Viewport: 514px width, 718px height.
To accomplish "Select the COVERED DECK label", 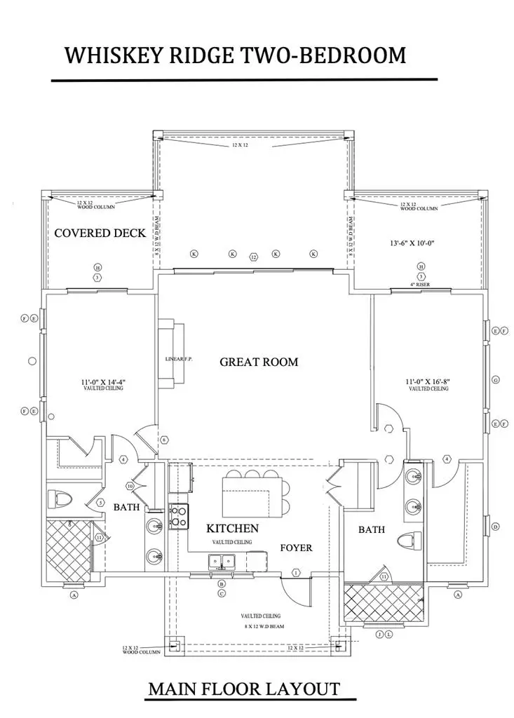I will click(100, 233).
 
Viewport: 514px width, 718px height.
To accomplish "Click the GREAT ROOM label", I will click(259, 362).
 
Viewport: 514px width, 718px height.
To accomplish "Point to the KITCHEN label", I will click(232, 528).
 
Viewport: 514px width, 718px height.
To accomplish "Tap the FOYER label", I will click(296, 547).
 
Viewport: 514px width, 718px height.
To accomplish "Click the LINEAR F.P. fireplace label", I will click(179, 359).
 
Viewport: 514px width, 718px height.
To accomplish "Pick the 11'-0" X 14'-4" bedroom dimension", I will click(102, 382).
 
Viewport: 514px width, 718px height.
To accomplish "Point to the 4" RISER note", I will click(421, 285).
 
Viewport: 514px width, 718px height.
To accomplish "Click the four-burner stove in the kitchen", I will click(178, 517).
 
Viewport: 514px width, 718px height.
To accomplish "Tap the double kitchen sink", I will click(221, 560).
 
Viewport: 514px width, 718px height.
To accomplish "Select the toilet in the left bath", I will click(61, 499).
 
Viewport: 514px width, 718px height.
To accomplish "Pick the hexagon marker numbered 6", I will click(165, 440).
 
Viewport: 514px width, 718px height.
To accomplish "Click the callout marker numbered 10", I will click(130, 486).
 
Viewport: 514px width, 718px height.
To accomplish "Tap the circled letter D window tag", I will click(496, 527).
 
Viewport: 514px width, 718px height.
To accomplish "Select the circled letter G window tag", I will click(496, 379).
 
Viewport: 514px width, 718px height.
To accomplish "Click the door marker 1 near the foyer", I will click(295, 573).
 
